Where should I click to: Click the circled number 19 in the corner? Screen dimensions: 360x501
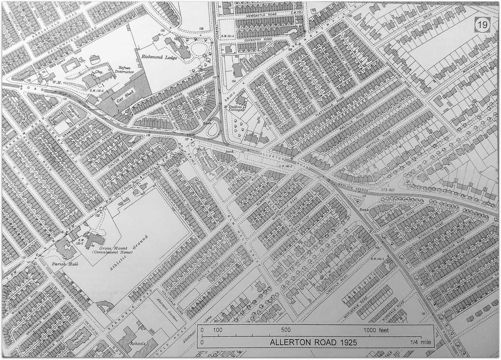[482, 25]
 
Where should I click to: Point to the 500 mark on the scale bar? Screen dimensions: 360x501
[286, 330]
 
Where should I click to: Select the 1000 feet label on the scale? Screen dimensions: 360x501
[376, 330]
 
